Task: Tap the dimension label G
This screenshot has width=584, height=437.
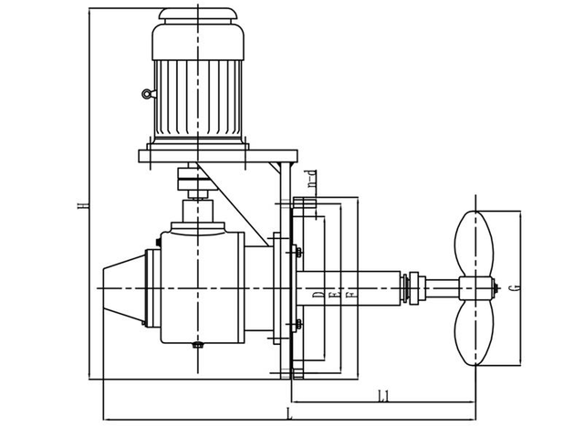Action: coord(516,288)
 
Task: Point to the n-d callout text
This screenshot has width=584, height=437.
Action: coord(310,180)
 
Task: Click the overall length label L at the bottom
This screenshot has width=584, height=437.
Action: coord(289,415)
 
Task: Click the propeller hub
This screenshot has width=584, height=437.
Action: coord(474,289)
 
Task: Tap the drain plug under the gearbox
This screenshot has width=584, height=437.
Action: coord(198,345)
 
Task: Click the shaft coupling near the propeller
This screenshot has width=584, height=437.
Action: coord(415,287)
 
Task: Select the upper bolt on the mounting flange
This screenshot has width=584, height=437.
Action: coord(297,252)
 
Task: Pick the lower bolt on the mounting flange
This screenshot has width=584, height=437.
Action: coord(297,323)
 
